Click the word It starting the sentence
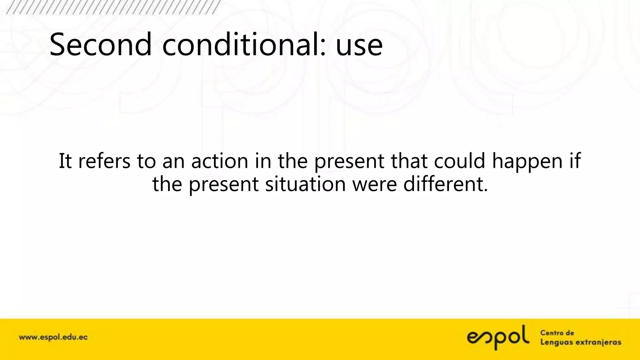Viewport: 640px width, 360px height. click(65, 161)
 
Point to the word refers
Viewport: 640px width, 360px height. click(104, 161)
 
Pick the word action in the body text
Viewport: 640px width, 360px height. click(220, 161)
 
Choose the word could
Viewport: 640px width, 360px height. click(459, 161)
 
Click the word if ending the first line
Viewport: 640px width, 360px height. click(574, 161)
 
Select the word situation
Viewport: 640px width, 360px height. click(306, 184)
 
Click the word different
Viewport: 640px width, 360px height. click(445, 184)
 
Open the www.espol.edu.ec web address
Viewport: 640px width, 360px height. click(53, 337)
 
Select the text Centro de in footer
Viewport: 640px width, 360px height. click(557, 333)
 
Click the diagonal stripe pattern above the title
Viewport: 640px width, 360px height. click(112, 7)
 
